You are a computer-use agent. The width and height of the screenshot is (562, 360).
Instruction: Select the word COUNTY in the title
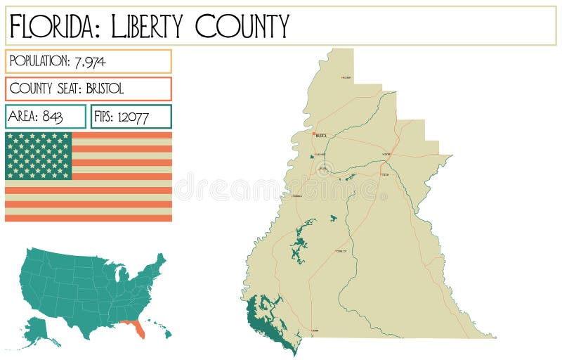click(x=242, y=26)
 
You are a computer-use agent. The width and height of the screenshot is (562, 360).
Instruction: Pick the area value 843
click(x=52, y=117)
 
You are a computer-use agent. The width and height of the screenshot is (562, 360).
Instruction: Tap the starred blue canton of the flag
click(x=39, y=155)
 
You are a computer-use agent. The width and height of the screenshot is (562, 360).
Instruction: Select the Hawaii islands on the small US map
click(x=162, y=330)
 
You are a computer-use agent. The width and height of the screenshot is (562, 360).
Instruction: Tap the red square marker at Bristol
click(x=314, y=133)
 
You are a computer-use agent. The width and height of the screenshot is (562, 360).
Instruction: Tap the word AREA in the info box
click(x=22, y=117)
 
